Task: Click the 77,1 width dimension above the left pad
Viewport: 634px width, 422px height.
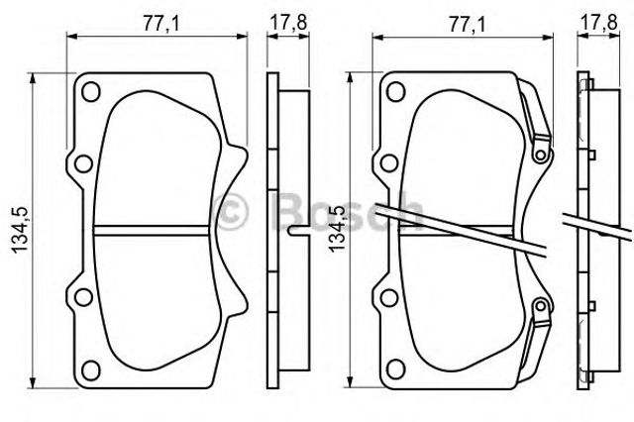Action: (160, 24)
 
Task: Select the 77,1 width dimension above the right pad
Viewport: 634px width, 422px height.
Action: (467, 25)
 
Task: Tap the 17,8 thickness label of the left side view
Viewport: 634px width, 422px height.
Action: (288, 22)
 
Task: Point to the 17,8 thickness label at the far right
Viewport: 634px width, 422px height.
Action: (598, 22)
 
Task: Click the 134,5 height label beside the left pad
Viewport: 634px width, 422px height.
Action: (20, 230)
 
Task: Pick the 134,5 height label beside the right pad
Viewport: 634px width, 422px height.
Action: (337, 229)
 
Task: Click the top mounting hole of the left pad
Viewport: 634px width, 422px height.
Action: (90, 92)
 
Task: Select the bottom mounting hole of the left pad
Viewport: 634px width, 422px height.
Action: (90, 369)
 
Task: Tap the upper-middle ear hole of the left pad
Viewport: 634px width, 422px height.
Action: (83, 163)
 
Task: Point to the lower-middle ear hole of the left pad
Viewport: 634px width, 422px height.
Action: (83, 297)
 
